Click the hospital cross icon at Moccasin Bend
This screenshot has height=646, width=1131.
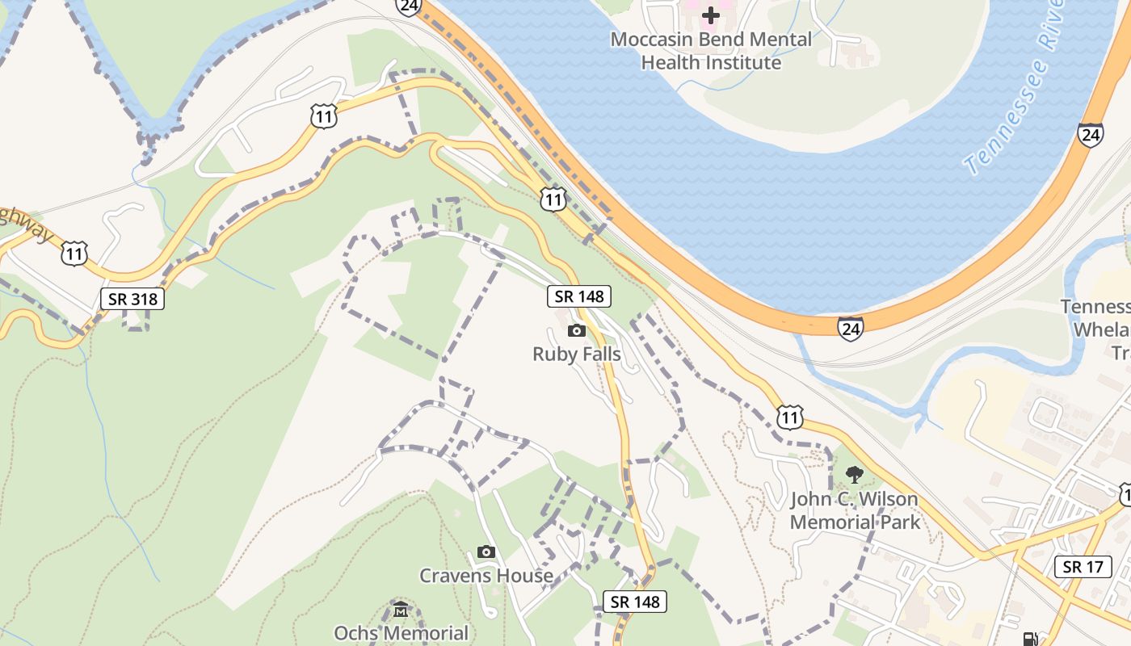point(710,15)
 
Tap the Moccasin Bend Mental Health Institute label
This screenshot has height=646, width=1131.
point(711,50)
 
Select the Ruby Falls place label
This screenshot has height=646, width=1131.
point(576,354)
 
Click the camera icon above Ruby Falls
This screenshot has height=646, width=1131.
point(576,330)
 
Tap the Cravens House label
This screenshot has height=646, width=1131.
point(486,575)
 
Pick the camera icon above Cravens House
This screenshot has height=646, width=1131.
point(486,552)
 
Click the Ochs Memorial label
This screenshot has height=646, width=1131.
point(401,632)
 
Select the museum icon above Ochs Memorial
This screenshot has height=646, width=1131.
point(401,608)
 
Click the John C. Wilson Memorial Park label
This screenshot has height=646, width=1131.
point(855,510)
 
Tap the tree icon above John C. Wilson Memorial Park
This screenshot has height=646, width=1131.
point(854,474)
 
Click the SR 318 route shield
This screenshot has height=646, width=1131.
point(133,299)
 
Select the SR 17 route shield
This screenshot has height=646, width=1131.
point(1083,567)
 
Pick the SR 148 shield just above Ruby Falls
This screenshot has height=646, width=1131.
point(579,296)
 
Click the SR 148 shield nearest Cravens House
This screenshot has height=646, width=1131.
point(635,602)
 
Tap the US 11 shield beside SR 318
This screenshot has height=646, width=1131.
point(74,254)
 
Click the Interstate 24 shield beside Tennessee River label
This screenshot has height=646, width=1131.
point(1090,135)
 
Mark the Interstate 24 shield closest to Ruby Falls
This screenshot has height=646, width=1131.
point(850,328)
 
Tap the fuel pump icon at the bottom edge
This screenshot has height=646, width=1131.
point(1031,639)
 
